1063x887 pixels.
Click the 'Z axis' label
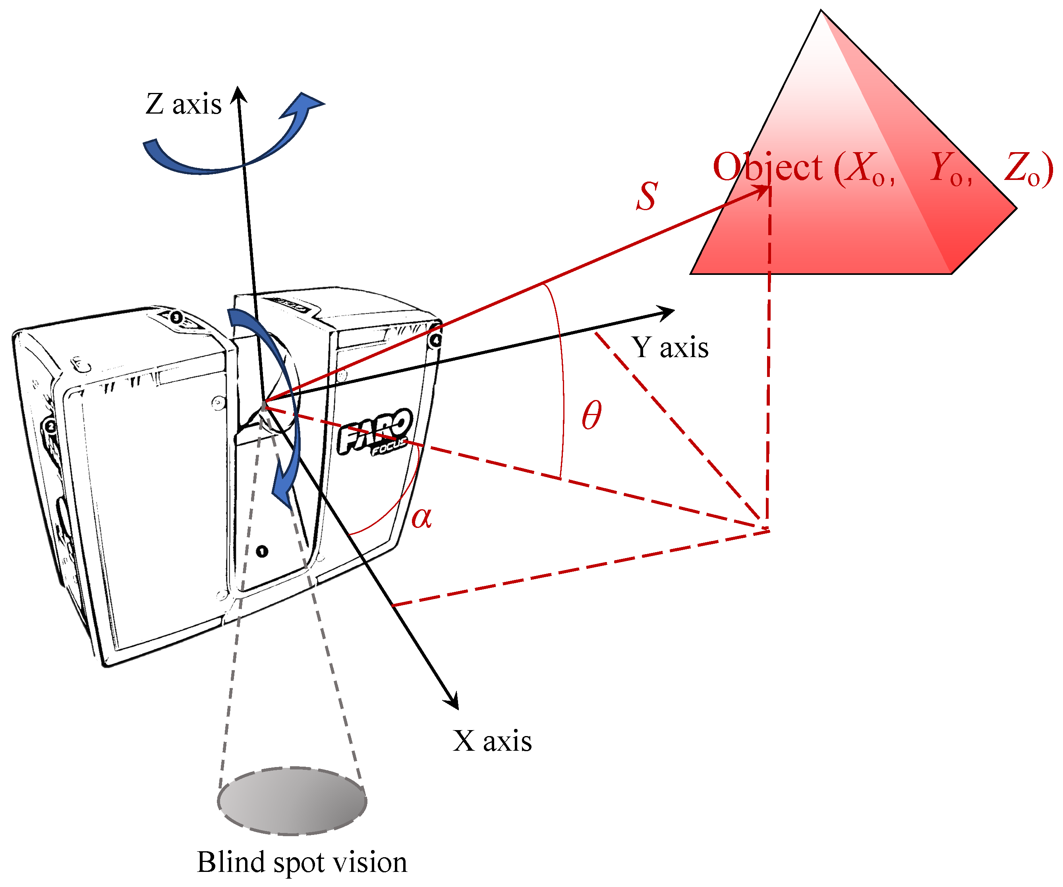(x=183, y=104)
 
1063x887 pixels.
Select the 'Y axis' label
(x=669, y=348)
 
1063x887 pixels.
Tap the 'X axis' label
(x=492, y=741)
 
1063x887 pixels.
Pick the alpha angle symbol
(x=421, y=518)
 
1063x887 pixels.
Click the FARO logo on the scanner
(x=375, y=431)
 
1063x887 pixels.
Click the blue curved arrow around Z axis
(x=233, y=149)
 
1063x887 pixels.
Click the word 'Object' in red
(x=767, y=167)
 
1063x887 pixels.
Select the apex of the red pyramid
(x=821, y=11)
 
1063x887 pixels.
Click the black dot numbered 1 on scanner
(x=262, y=551)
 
